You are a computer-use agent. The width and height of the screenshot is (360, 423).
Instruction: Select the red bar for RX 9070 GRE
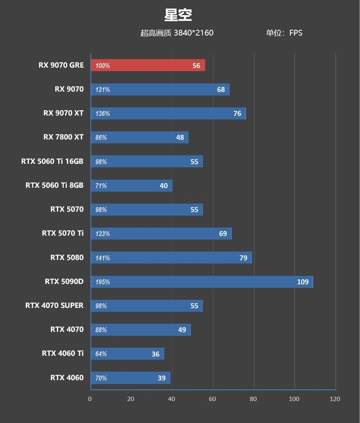(x=148, y=65)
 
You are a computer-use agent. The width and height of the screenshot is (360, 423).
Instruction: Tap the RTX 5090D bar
(x=202, y=282)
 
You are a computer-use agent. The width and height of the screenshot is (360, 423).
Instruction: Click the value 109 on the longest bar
(x=302, y=282)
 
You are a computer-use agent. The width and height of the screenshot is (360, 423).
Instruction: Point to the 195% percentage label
(x=102, y=282)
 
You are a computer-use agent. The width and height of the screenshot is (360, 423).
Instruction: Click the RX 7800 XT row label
(x=63, y=137)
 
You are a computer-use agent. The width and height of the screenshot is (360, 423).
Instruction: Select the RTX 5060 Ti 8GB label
(x=54, y=185)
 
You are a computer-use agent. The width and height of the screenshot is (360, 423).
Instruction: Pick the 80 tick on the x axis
(x=253, y=399)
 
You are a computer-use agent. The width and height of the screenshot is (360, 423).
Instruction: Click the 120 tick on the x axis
(x=335, y=399)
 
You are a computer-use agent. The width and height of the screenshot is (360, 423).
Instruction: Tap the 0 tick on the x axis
(x=90, y=399)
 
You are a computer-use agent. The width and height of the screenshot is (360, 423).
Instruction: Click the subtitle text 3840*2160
(x=193, y=33)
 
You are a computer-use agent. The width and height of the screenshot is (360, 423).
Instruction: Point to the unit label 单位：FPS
(x=284, y=33)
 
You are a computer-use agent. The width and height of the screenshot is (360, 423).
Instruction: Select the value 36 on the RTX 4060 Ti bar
(x=155, y=354)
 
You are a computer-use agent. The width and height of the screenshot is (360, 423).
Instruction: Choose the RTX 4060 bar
(x=130, y=378)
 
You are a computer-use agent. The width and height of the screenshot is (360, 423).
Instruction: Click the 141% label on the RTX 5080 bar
(x=102, y=258)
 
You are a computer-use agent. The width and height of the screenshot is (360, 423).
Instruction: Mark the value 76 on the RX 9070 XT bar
(x=237, y=114)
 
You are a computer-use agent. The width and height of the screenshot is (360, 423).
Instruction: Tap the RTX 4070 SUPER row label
(x=54, y=305)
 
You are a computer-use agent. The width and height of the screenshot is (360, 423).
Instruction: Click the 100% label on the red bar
(x=102, y=66)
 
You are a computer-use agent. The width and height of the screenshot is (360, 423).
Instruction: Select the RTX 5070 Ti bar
(x=161, y=233)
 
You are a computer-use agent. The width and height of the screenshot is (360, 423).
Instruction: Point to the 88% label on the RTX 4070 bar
(x=101, y=330)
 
